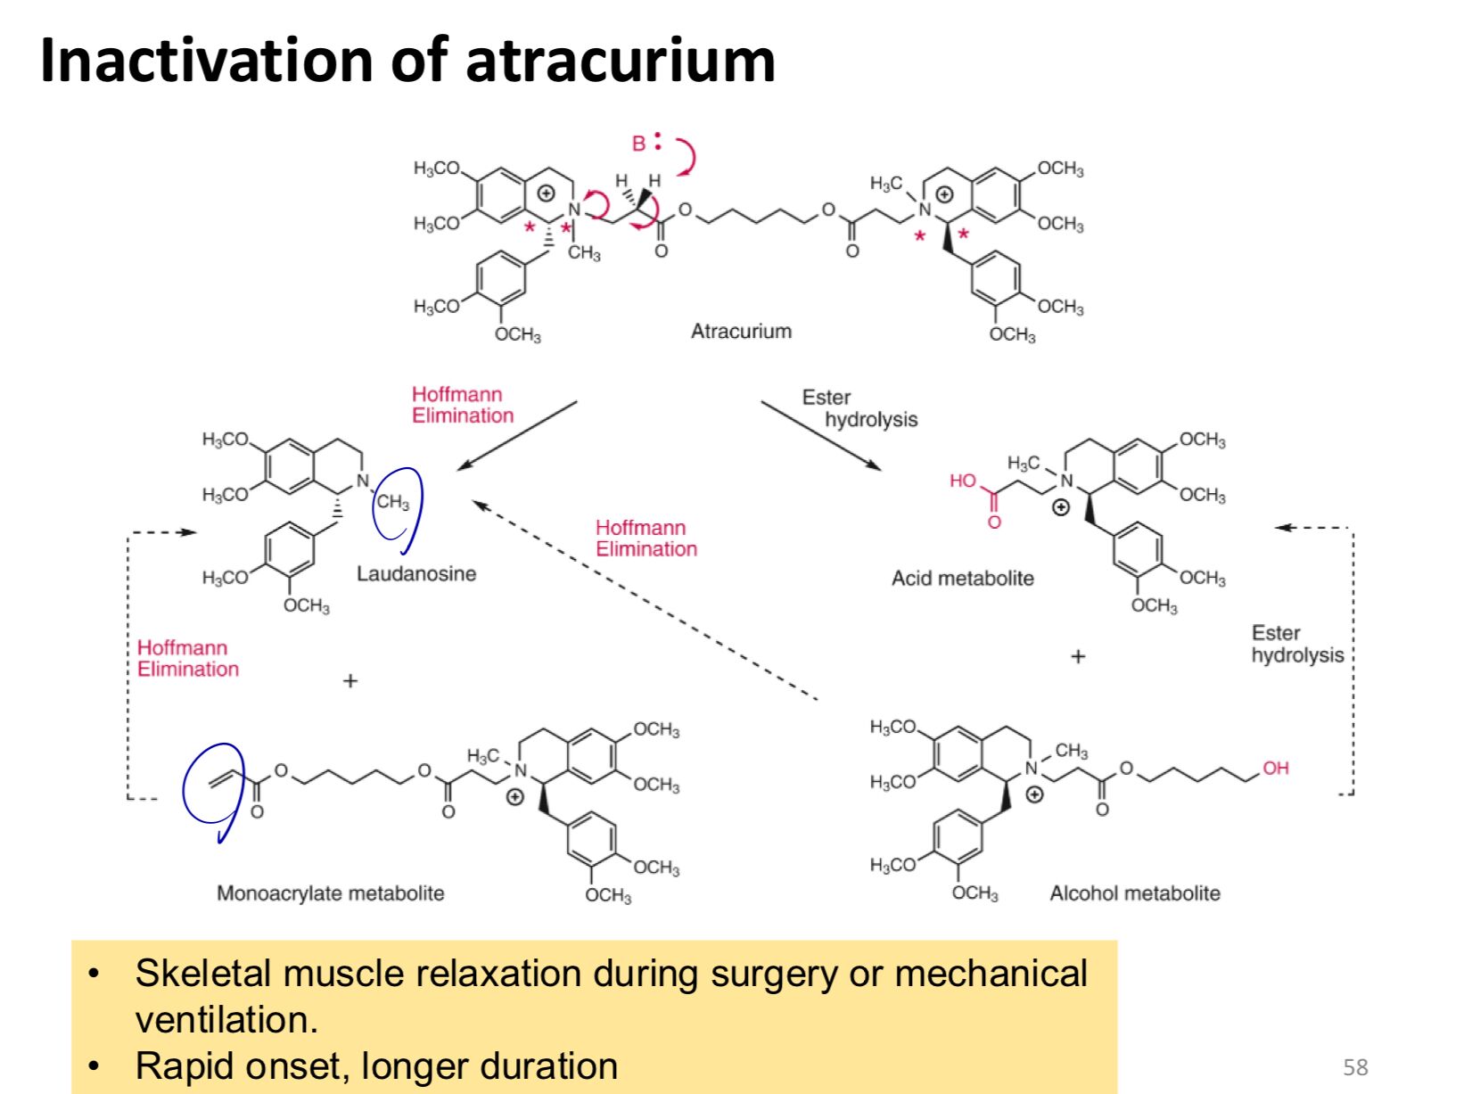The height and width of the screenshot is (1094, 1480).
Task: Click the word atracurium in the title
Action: click(x=621, y=60)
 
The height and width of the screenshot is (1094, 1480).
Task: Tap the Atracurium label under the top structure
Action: click(x=741, y=331)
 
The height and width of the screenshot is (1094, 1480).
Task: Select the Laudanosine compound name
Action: click(x=416, y=573)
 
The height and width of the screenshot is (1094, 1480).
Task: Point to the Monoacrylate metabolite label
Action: click(x=330, y=893)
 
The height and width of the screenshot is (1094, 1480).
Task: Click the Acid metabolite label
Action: click(x=963, y=578)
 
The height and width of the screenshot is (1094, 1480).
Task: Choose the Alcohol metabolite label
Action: click(x=1135, y=893)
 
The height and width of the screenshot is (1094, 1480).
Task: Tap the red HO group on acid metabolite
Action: click(x=963, y=481)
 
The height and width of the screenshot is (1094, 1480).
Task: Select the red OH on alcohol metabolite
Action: click(x=1275, y=769)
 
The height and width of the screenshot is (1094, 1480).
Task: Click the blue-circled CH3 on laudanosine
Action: click(x=392, y=501)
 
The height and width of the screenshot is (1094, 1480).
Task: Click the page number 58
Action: click(x=1355, y=1066)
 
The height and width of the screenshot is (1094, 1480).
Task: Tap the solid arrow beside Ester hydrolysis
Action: click(x=821, y=435)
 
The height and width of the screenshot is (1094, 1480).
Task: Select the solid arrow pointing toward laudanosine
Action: click(x=516, y=436)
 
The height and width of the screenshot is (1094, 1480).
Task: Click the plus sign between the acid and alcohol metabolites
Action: click(x=1078, y=657)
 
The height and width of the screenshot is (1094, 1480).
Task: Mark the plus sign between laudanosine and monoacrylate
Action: click(x=349, y=681)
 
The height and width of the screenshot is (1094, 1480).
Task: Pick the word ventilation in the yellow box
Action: click(x=226, y=1020)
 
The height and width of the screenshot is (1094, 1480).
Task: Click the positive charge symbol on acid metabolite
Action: click(x=1060, y=508)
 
